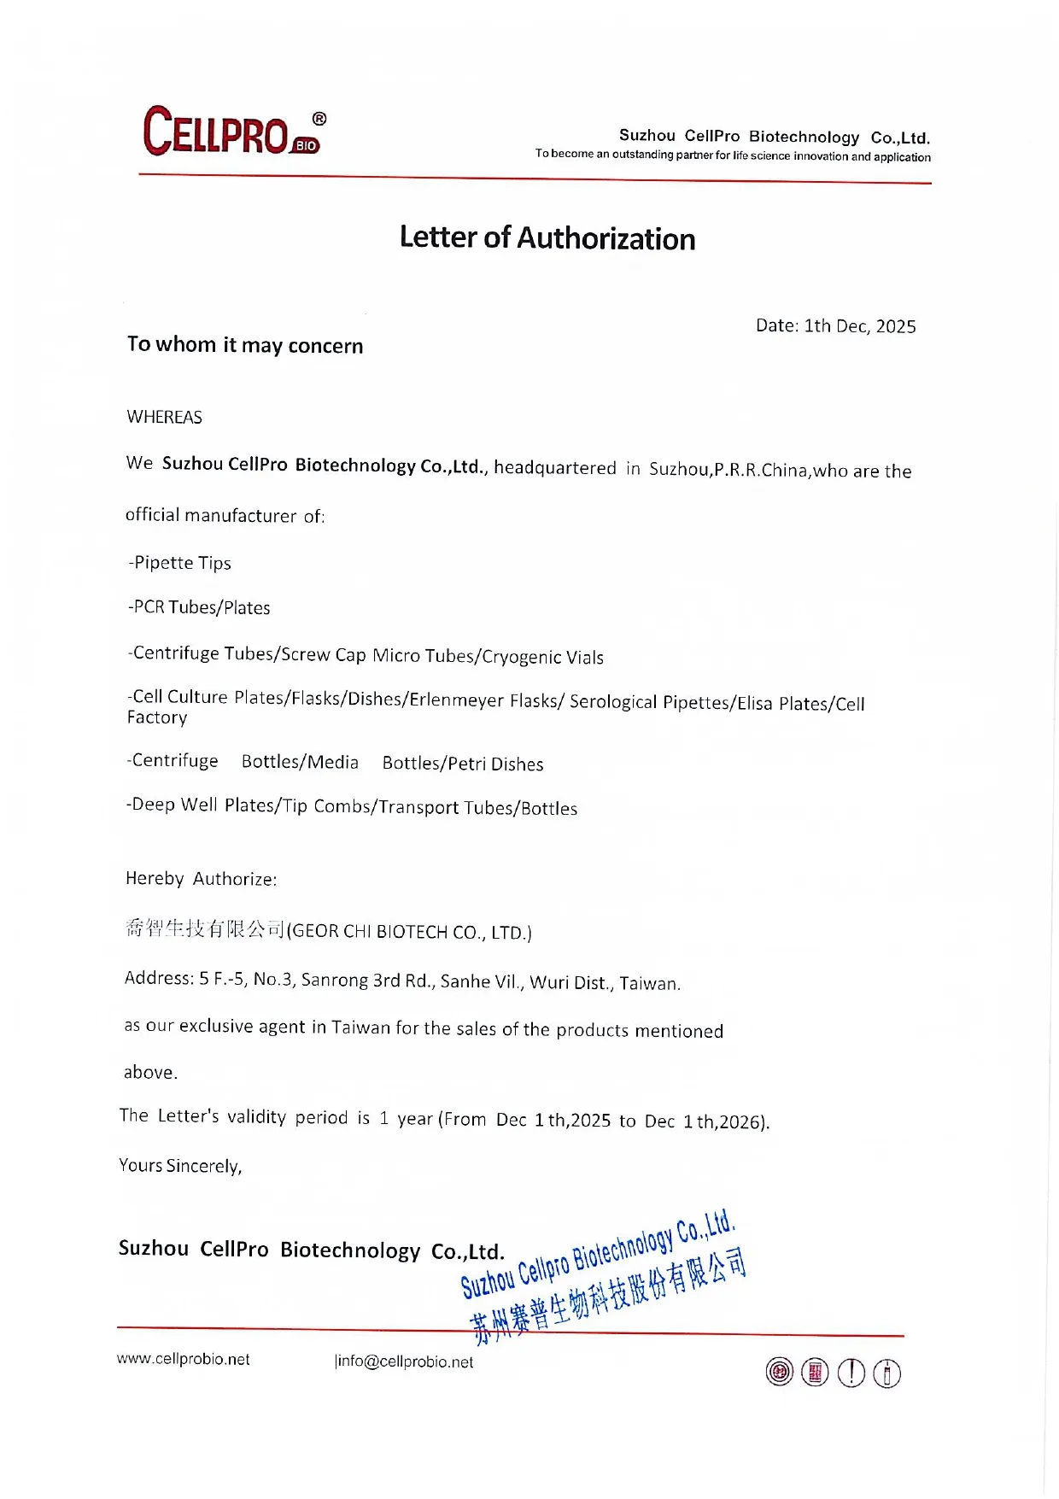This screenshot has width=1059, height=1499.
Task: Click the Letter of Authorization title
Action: [547, 238]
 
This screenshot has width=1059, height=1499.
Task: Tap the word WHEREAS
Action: [165, 418]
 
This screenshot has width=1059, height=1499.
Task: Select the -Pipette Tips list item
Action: [180, 563]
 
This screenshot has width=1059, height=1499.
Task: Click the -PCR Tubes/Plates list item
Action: [199, 607]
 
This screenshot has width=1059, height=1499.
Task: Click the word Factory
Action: [157, 717]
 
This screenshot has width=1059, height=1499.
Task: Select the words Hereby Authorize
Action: [202, 879]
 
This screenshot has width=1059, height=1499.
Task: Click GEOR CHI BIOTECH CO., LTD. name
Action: [409, 932]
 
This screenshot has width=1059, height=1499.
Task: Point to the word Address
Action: [159, 978]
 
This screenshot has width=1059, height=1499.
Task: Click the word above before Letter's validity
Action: [150, 1073]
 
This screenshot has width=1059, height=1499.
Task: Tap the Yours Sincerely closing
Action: [181, 1166]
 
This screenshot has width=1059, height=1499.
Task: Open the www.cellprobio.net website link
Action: [184, 1359]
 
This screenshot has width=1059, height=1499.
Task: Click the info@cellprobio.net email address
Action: [405, 1361]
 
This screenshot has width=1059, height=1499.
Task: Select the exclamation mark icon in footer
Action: [851, 1373]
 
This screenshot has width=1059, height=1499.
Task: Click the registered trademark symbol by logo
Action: [319, 119]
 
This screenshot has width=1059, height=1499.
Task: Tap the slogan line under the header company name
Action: [733, 155]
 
